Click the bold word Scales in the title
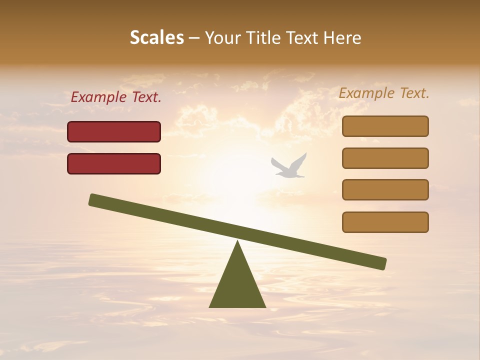156,38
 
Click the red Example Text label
116,97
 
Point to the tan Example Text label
384,93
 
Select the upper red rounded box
114,131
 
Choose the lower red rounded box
114,163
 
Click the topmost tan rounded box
385,126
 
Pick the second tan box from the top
385,158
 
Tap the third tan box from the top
385,190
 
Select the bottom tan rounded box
385,222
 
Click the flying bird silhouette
289,167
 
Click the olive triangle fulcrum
237,285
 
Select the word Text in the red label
146,97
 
